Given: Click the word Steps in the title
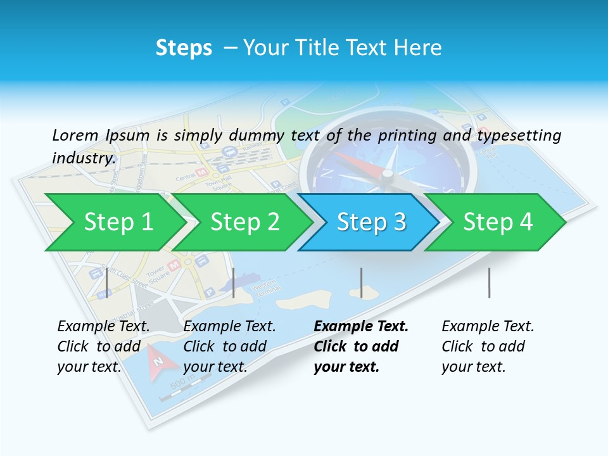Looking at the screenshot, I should [x=184, y=48].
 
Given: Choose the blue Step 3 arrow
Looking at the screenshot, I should [x=371, y=222].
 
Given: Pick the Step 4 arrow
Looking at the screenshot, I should [x=498, y=222].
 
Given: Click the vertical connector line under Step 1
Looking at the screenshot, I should [x=107, y=282].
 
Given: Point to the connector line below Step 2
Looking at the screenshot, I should [x=234, y=282].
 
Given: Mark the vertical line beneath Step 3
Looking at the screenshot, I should [x=361, y=282].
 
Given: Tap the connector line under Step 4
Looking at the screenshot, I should [x=489, y=282].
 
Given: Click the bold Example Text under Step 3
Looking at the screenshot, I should [x=361, y=346].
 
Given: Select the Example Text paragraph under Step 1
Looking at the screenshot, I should [x=103, y=346].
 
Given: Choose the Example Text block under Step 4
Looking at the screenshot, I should [x=488, y=346].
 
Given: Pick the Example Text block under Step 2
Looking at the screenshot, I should [x=229, y=346].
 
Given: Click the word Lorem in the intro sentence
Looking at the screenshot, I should [x=75, y=135].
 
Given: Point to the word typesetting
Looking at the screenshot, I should [x=519, y=136].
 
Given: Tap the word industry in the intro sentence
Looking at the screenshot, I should [x=84, y=158].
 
